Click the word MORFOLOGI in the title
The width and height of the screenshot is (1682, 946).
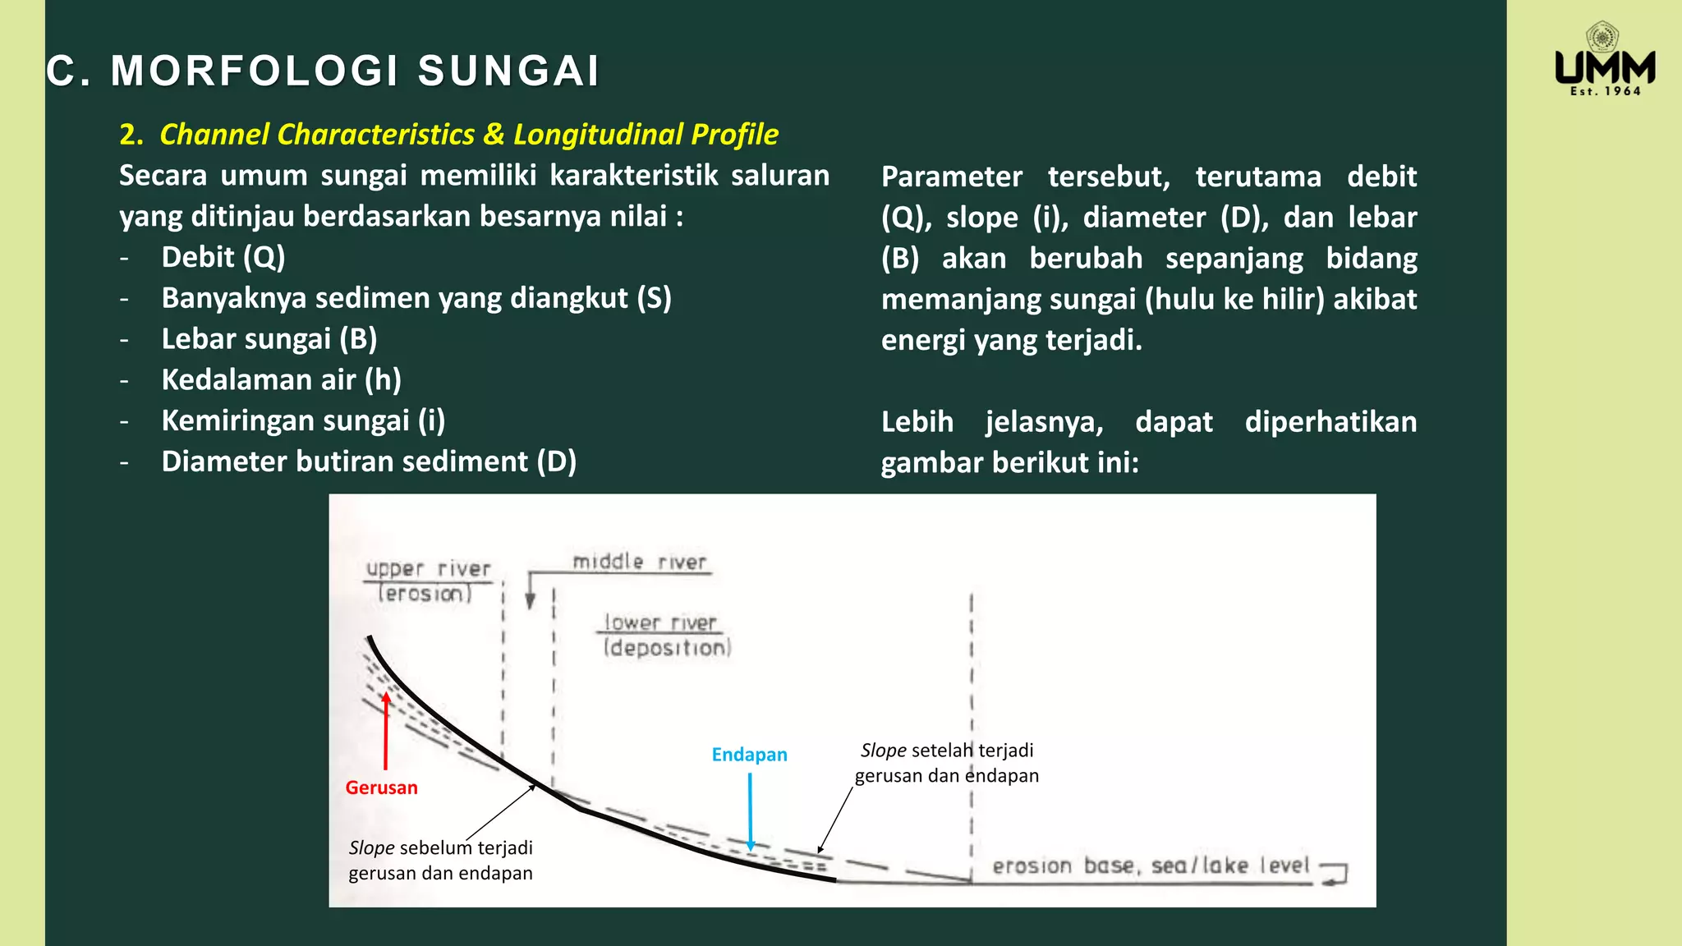255,71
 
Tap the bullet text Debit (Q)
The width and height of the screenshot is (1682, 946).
223,257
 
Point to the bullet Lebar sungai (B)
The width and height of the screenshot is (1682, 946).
269,338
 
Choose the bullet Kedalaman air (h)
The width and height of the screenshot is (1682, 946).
281,379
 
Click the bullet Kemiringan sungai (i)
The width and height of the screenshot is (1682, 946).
302,420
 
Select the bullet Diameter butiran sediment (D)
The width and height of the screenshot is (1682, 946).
368,462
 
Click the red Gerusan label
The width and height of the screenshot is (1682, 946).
381,788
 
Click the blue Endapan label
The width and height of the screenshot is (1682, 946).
749,755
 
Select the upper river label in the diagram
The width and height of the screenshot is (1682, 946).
428,568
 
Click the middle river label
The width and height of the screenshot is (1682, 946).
639,562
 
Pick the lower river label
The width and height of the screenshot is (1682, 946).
660,622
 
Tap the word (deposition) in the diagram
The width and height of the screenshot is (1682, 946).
667,648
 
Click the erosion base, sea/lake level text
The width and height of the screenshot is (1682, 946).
1150,866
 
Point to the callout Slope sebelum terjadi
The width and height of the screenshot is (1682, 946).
440,848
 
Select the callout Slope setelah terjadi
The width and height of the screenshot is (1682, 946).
946,751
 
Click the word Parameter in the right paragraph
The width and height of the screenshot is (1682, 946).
951,177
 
